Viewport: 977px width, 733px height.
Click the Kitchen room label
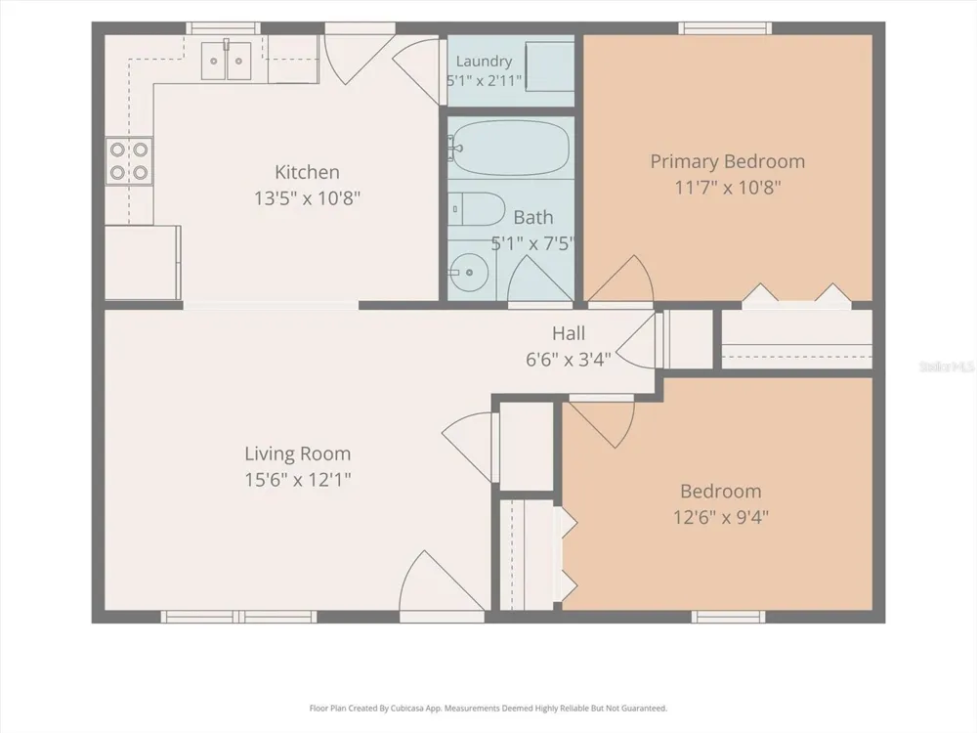click(307, 172)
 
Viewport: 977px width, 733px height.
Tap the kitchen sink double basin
click(226, 61)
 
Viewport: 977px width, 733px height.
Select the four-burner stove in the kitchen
click(129, 161)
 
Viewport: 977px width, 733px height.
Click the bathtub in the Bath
click(510, 148)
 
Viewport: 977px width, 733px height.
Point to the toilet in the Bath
click(477, 209)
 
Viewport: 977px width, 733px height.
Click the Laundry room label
click(485, 61)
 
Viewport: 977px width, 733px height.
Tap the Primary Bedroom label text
click(728, 161)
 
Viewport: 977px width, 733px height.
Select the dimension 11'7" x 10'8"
click(728, 187)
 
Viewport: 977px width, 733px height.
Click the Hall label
click(569, 333)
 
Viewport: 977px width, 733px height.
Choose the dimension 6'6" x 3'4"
click(569, 359)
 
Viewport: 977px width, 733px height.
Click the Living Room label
click(297, 453)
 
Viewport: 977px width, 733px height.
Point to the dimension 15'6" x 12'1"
click(297, 479)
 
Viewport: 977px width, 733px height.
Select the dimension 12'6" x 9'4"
click(721, 517)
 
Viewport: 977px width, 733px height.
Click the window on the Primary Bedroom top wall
click(725, 28)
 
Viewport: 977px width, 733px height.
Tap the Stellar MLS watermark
click(947, 367)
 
